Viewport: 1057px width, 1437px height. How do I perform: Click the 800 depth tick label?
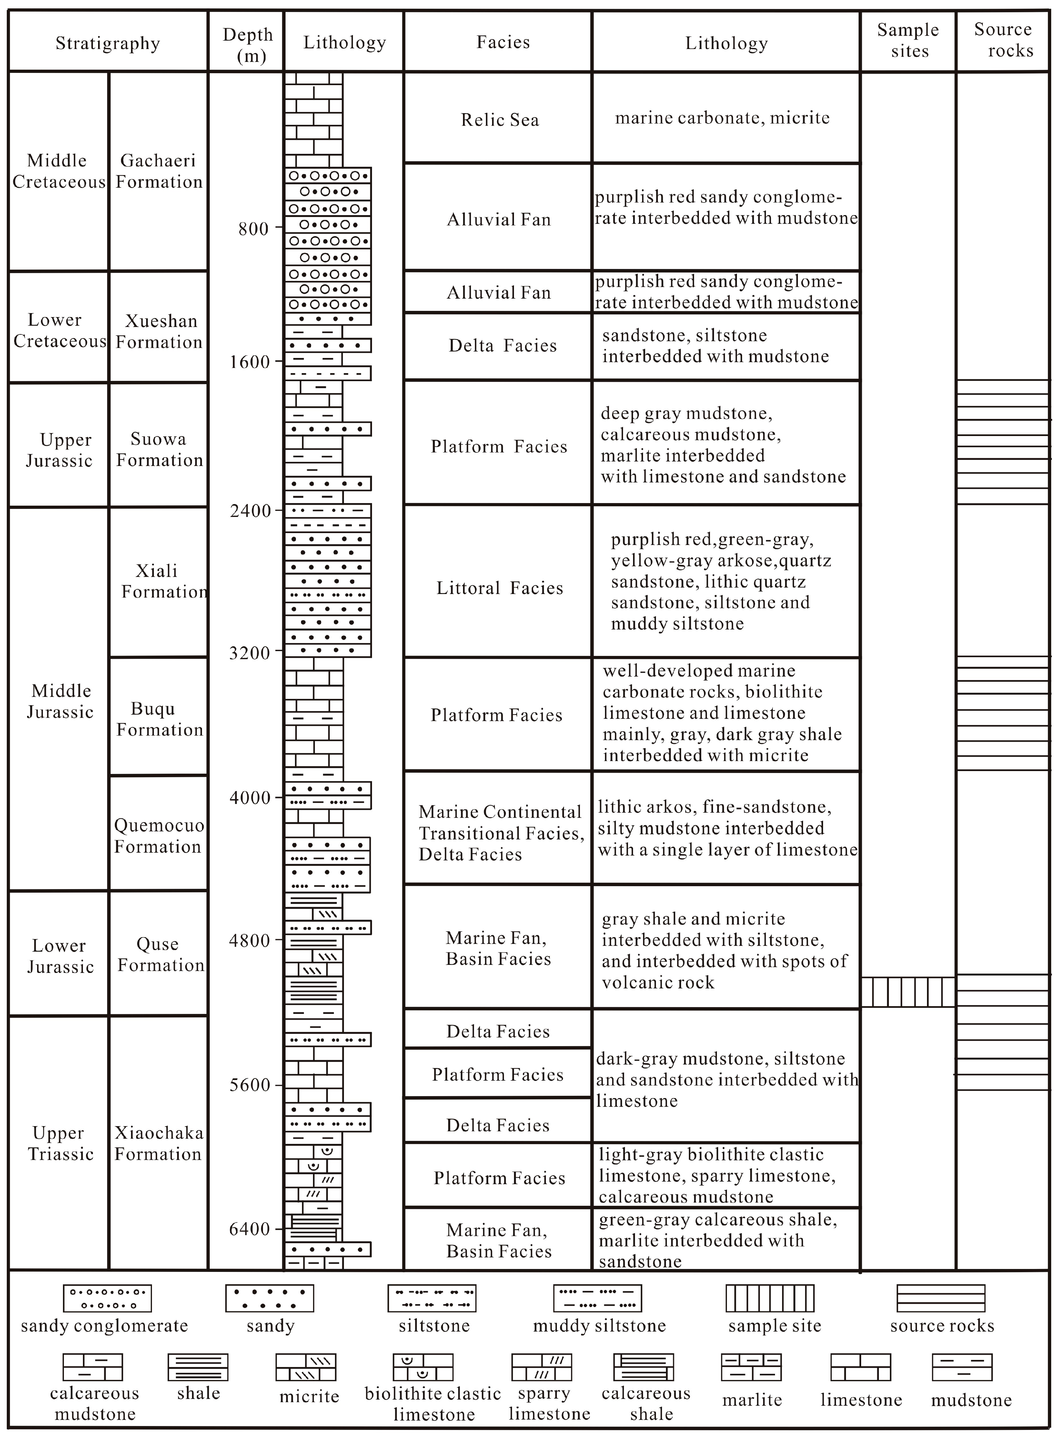click(253, 229)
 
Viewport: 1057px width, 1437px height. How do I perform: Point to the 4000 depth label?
click(249, 798)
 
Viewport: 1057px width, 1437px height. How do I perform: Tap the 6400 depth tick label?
click(249, 1229)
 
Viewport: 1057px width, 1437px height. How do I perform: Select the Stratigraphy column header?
click(107, 43)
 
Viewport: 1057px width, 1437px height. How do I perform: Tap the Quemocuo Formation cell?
click(159, 836)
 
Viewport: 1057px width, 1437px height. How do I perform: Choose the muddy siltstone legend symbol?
click(597, 1298)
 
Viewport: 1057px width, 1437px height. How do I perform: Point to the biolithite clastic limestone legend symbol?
click(423, 1367)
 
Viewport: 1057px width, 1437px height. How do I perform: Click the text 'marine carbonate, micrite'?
click(722, 118)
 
